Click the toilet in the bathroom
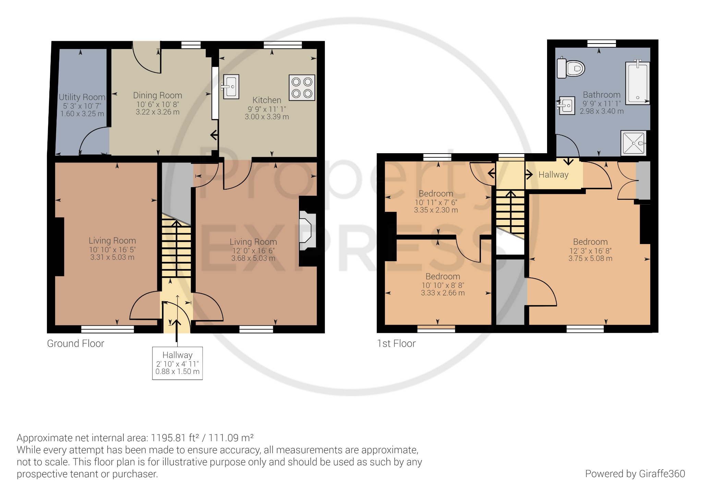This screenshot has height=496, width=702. pos(571,68)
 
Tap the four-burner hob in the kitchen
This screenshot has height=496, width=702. pos(302,88)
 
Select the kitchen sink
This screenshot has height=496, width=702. pos(231,87)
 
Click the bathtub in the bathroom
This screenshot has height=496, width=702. pos(638,83)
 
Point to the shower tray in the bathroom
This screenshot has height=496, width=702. pos(633,143)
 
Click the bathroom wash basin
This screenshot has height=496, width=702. pos(566,105)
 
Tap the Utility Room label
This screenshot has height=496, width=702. pos(82,97)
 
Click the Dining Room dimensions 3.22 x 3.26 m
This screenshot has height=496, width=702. pos(157,112)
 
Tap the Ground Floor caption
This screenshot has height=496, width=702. pos(75,343)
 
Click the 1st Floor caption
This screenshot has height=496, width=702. pos(396,343)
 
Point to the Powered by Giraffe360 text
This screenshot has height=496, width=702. pos(635,474)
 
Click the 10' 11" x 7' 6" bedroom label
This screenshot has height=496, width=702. pos(436,202)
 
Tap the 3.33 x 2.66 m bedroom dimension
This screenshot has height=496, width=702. pos(443,293)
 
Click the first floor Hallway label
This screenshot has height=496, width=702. pos(553,175)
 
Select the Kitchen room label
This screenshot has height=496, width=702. pos(267,100)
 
